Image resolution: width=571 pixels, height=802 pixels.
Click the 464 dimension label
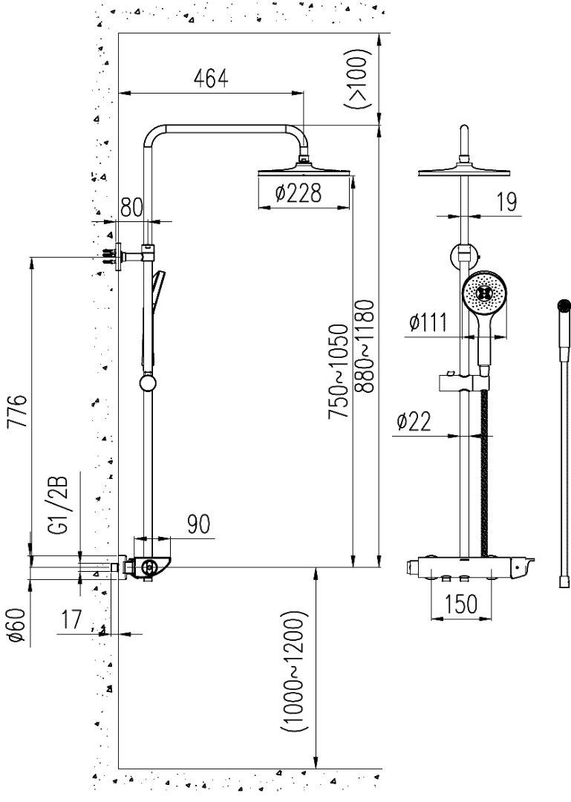[x=210, y=77]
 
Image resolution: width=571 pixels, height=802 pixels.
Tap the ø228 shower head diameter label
[x=297, y=194]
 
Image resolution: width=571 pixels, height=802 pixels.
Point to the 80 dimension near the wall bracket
[x=131, y=207]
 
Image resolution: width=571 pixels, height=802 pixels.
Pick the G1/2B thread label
[x=59, y=505]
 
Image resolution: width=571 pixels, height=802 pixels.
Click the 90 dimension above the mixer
[x=197, y=524]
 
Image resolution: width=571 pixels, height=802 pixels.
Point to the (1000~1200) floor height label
[x=295, y=673]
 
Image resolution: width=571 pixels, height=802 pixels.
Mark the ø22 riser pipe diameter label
[x=414, y=422]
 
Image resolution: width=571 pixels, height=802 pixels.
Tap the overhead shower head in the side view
[x=303, y=173]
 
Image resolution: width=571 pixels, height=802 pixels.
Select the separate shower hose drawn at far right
[x=563, y=446]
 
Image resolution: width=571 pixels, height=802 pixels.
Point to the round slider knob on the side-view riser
[x=149, y=383]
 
